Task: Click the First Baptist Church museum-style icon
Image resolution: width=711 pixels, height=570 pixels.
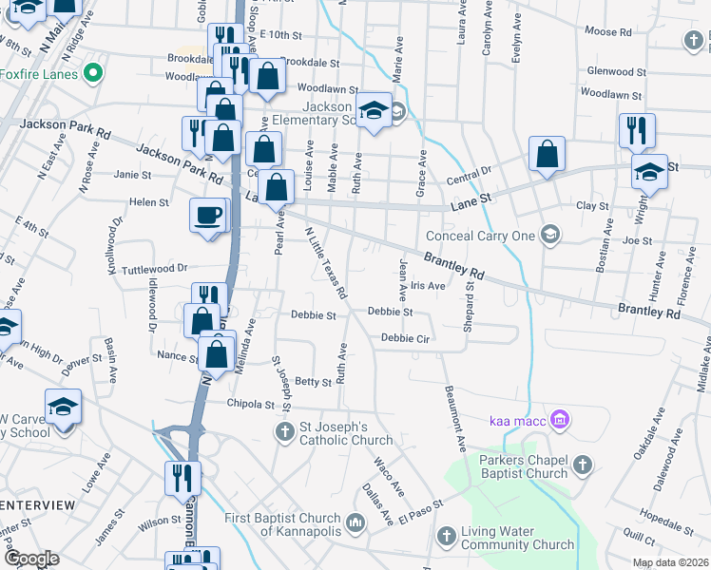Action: tap(355, 523)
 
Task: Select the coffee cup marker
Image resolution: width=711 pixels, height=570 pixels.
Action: tap(208, 214)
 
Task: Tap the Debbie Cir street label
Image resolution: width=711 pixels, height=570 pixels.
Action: tap(407, 337)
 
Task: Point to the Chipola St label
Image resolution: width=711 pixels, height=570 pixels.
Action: tap(251, 404)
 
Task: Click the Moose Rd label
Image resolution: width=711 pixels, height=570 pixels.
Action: tap(608, 31)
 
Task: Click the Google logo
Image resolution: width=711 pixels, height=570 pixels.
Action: tap(32, 559)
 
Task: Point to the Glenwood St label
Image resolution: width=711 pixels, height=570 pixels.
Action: tap(617, 71)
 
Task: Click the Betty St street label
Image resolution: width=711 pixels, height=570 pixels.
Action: tap(313, 382)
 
